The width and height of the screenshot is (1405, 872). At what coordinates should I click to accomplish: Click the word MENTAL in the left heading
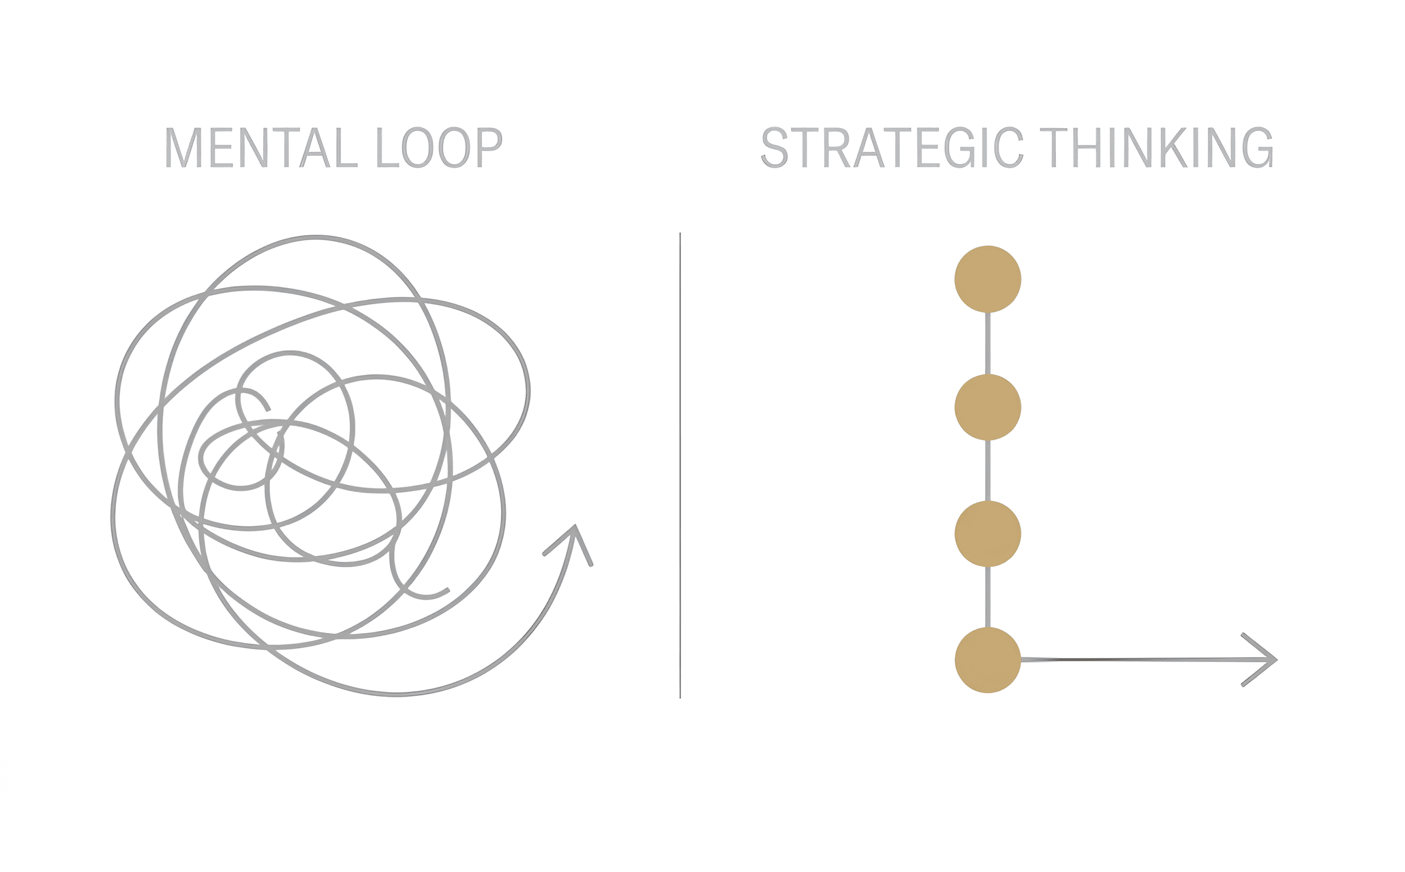pos(262,148)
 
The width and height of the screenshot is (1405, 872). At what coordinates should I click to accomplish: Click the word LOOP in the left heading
pos(440,148)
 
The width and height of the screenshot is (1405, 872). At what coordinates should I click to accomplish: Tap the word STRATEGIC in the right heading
pos(893,148)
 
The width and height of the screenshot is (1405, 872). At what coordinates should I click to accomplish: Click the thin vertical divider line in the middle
pos(681,465)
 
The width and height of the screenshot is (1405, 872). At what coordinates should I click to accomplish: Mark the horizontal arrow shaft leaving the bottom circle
pos(1147,659)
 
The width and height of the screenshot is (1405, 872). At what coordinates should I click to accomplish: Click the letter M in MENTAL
pos(183,148)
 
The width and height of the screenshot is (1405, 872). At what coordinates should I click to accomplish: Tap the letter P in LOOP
pos(490,148)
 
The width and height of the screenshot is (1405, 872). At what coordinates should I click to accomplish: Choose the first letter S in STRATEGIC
pos(775,148)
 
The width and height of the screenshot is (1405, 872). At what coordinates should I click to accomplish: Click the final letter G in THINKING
pos(1258,148)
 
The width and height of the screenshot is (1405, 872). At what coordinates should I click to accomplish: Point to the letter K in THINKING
pos(1174,148)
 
